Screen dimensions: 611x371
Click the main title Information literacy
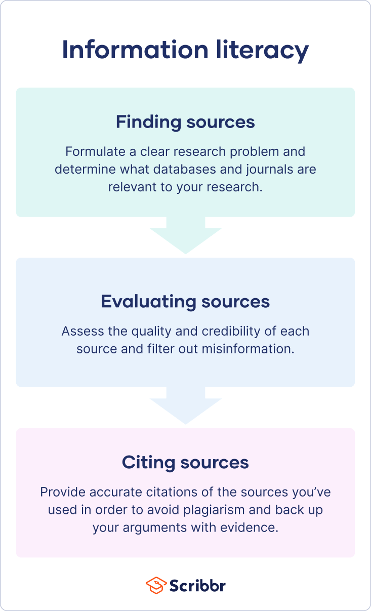[x=185, y=50]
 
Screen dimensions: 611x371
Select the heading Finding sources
[x=185, y=122]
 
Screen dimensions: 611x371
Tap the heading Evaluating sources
[x=185, y=301]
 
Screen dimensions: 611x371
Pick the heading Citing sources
[x=185, y=462]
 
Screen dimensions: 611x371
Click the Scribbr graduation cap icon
[x=155, y=586]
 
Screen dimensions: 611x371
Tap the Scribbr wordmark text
[x=197, y=586]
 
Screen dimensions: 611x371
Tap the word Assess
[x=77, y=332]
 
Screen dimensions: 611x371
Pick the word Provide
[x=58, y=492]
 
